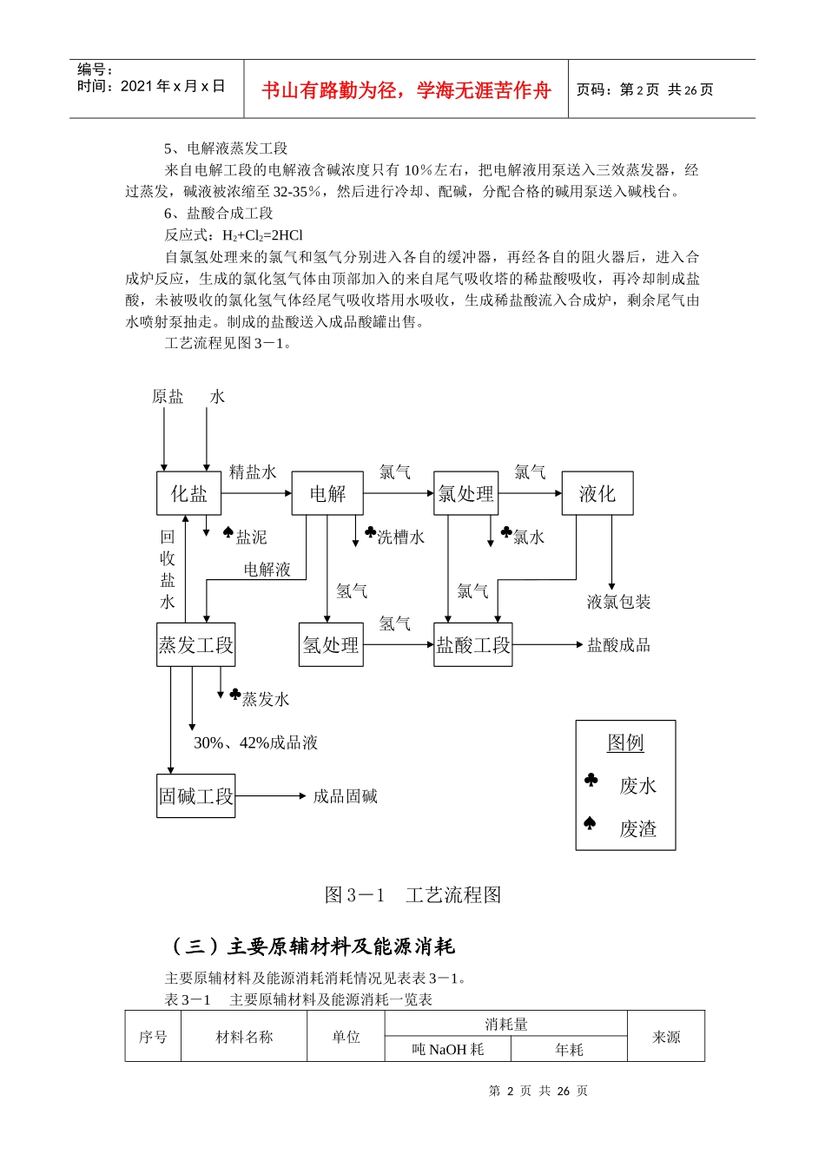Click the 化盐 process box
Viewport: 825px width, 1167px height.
188,493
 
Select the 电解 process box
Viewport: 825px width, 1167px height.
327,493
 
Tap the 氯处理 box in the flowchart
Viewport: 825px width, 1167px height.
465,493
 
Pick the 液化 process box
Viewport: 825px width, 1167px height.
597,493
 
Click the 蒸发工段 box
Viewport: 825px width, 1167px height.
195,644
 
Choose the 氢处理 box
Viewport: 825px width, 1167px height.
330,644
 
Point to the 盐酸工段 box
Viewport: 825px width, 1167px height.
473,644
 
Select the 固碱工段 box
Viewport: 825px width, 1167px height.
196,795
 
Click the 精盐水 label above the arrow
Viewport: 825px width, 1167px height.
253,471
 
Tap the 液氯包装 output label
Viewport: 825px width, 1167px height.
618,602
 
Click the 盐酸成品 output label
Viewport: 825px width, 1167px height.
618,644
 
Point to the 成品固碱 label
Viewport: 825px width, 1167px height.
345,795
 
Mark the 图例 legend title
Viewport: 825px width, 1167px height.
625,742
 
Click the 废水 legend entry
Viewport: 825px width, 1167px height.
637,786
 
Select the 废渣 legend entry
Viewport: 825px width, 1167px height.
637,828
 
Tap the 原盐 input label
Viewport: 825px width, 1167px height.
168,397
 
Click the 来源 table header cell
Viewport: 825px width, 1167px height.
666,1037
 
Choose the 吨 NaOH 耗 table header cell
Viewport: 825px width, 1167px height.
448,1050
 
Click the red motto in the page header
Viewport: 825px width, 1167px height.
406,90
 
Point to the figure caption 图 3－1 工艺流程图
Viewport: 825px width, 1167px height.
412,894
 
